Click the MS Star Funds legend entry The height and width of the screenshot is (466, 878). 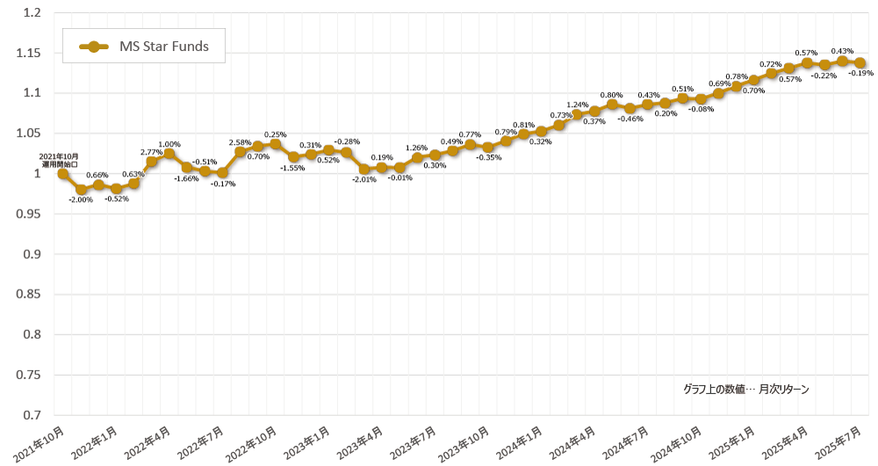(x=143, y=47)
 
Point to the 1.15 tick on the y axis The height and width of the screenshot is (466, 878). (x=29, y=54)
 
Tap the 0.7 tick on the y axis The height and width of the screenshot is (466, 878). (x=32, y=414)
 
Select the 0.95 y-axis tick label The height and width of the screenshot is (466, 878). (x=29, y=214)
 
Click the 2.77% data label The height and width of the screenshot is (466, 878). (x=151, y=153)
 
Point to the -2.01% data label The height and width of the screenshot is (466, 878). (x=363, y=179)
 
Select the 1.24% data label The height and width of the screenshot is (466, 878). (x=577, y=104)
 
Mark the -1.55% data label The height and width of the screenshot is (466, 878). (x=293, y=168)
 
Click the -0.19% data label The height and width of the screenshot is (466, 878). (x=860, y=74)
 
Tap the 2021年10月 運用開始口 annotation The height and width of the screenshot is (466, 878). (x=62, y=160)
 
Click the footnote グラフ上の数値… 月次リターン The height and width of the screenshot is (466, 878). (x=745, y=389)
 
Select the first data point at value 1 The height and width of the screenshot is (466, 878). (x=63, y=174)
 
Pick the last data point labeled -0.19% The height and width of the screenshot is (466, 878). (x=860, y=63)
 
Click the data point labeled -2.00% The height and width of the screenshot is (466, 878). (x=81, y=190)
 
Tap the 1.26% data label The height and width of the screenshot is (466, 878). (x=417, y=147)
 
